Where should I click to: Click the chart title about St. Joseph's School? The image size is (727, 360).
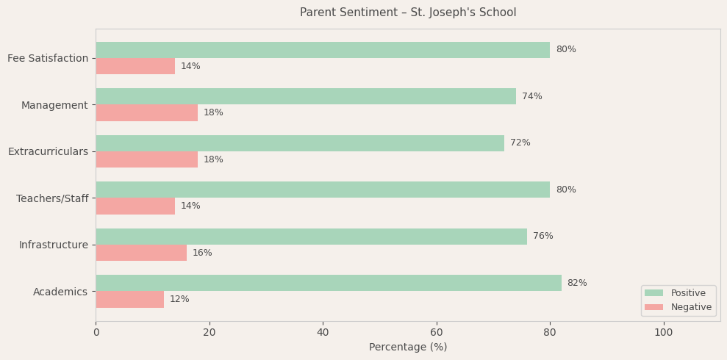click(x=408, y=12)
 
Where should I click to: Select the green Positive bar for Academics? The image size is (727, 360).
click(x=329, y=283)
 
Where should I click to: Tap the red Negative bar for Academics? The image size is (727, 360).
click(x=130, y=300)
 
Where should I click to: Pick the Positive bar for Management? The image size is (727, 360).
click(x=306, y=96)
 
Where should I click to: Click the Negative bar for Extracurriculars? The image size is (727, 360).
click(x=147, y=159)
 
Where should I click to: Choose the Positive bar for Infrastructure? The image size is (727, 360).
click(x=311, y=237)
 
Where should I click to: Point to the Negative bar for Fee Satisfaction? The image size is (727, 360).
click(x=135, y=66)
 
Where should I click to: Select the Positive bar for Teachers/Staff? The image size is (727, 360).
click(x=323, y=190)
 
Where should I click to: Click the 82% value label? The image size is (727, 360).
click(x=577, y=283)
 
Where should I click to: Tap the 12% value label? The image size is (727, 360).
click(x=179, y=300)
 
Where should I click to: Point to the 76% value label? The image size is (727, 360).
click(x=543, y=237)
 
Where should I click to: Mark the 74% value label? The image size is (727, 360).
click(x=532, y=96)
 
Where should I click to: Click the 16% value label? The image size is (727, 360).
click(x=202, y=253)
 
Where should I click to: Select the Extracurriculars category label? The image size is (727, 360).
click(x=48, y=151)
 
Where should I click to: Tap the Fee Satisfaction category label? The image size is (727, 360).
click(x=48, y=58)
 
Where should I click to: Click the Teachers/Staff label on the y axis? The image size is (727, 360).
click(x=52, y=198)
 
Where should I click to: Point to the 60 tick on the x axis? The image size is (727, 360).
click(x=437, y=333)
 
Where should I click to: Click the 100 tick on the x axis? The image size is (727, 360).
click(x=664, y=333)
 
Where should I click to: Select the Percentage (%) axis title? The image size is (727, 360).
click(x=408, y=348)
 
